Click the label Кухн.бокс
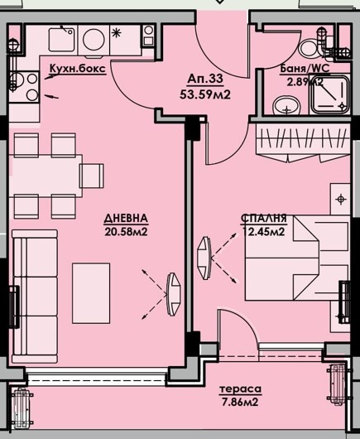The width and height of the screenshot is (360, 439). tap(78, 69)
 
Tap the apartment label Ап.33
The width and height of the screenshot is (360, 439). tap(205, 79)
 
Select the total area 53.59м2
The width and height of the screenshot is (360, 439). tap(205, 94)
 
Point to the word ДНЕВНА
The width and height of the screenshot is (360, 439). tap(126, 219)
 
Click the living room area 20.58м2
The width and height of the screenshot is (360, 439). tap(126, 232)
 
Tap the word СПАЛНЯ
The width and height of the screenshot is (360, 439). tap(264, 219)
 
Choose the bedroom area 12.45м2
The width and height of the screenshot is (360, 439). tap(264, 232)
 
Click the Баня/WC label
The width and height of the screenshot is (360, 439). tap(305, 69)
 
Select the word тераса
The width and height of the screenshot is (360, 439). tap(240, 389)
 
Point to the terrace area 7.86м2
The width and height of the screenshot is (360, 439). tap(240, 403)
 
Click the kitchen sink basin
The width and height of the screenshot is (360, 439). tap(61, 40)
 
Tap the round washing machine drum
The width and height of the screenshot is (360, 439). tap(94, 40)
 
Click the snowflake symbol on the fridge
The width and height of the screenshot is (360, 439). tap(116, 33)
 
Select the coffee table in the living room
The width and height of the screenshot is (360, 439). tap(91, 293)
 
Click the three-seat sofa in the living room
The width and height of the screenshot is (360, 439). tap(35, 297)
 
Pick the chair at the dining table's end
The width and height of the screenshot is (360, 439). tap(92, 176)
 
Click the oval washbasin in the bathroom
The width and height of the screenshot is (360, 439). tap(286, 106)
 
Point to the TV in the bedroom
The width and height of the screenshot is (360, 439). tap(204, 258)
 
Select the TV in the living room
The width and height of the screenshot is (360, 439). tap(174, 294)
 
